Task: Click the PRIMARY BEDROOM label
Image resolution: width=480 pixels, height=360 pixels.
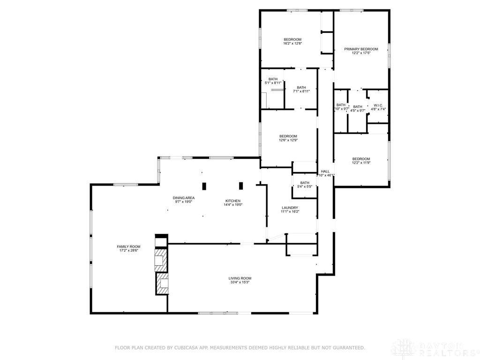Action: (x=361, y=49)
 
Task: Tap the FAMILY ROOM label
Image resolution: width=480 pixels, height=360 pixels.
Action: (x=128, y=247)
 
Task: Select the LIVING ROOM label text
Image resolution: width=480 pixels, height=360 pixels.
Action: (x=240, y=278)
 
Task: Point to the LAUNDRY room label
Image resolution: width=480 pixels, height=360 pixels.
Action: (x=290, y=208)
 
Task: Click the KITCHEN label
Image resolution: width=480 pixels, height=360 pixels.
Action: (x=232, y=201)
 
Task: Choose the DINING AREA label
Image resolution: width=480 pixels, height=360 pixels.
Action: (x=183, y=198)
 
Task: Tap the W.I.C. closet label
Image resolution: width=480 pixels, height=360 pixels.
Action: (x=378, y=105)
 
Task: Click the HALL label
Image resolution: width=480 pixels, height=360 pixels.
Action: (x=325, y=172)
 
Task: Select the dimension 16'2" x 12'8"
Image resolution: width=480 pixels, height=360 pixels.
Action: (x=292, y=44)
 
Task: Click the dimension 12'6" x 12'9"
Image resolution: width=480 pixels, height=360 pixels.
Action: (x=288, y=140)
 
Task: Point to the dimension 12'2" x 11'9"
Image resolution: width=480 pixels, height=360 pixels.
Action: (x=361, y=163)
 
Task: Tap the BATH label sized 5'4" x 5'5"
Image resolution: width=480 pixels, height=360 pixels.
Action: (x=305, y=183)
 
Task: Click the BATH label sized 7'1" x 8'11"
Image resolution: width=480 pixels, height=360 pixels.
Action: (x=301, y=87)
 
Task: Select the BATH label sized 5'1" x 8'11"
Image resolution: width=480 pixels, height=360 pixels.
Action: (x=273, y=79)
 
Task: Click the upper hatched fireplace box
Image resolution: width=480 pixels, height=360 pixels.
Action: (x=160, y=259)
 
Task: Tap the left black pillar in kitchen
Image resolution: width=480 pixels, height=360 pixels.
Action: (x=204, y=186)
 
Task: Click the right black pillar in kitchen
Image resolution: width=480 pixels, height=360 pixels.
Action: (x=241, y=186)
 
